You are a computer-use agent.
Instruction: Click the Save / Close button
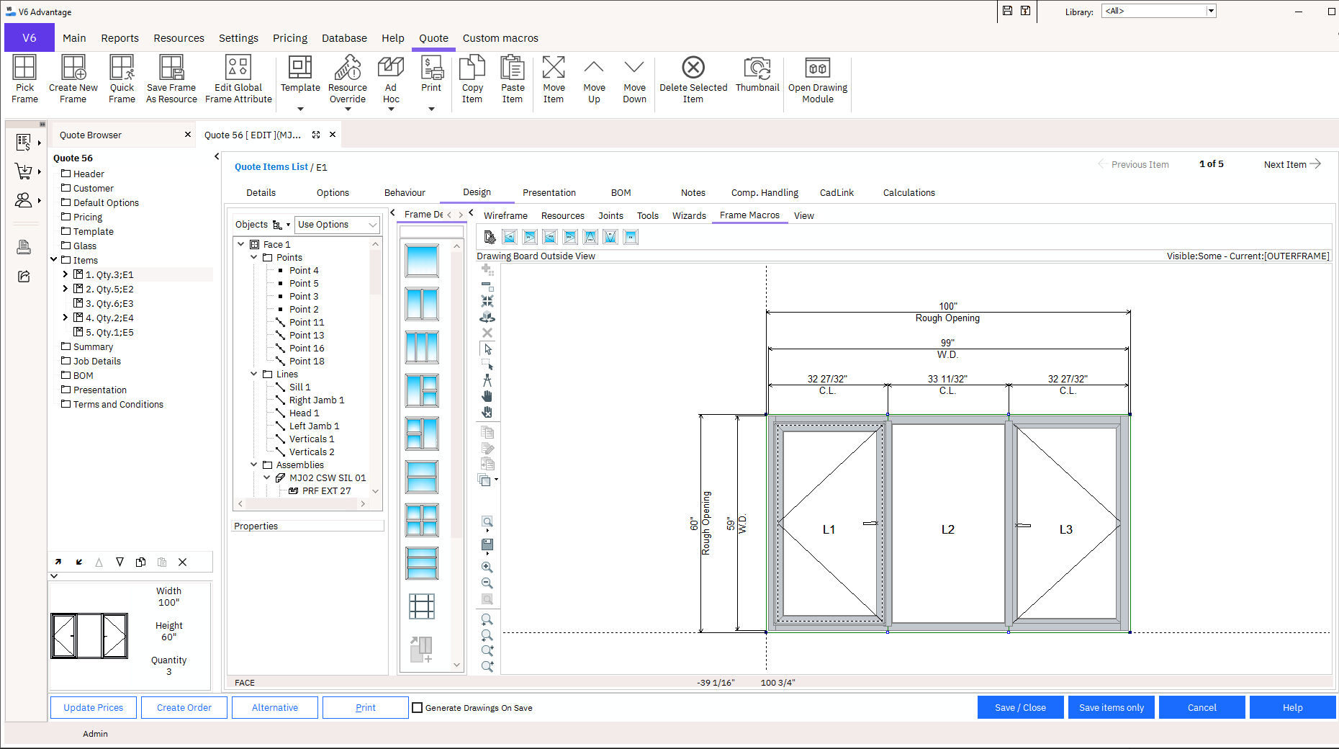[x=1019, y=707]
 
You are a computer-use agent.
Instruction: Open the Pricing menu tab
[x=289, y=38]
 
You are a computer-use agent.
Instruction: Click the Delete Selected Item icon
[x=693, y=68]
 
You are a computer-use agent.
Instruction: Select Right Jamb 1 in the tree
[x=316, y=400]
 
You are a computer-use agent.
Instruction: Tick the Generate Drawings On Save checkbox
[x=417, y=707]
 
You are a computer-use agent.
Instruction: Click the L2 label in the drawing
[x=947, y=529]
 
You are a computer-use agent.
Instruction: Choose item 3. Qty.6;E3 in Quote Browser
[x=109, y=303]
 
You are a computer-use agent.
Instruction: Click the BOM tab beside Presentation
[x=621, y=192]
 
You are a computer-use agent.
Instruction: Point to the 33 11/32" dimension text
[x=947, y=379]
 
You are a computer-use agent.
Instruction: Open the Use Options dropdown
[x=337, y=225]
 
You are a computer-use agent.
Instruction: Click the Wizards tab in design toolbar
[x=689, y=215]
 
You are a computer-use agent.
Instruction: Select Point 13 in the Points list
[x=306, y=336]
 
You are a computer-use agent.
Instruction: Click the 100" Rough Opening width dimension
[x=947, y=307]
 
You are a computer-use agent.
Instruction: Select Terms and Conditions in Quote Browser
[x=118, y=404]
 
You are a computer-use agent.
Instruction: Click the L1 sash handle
[x=870, y=524]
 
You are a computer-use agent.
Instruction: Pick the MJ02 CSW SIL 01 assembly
[x=327, y=478]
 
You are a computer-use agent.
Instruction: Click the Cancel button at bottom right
[x=1202, y=707]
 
